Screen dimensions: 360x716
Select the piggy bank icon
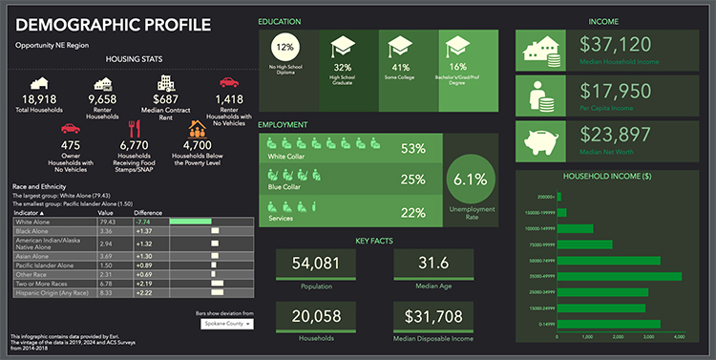(541, 140)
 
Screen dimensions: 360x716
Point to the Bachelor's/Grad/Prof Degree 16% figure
(457, 67)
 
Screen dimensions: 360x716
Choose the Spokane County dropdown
(227, 324)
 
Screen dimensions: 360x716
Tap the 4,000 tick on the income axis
(679, 337)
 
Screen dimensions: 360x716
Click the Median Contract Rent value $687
(166, 99)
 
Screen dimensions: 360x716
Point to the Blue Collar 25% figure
(412, 180)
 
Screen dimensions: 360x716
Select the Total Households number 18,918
(39, 99)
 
